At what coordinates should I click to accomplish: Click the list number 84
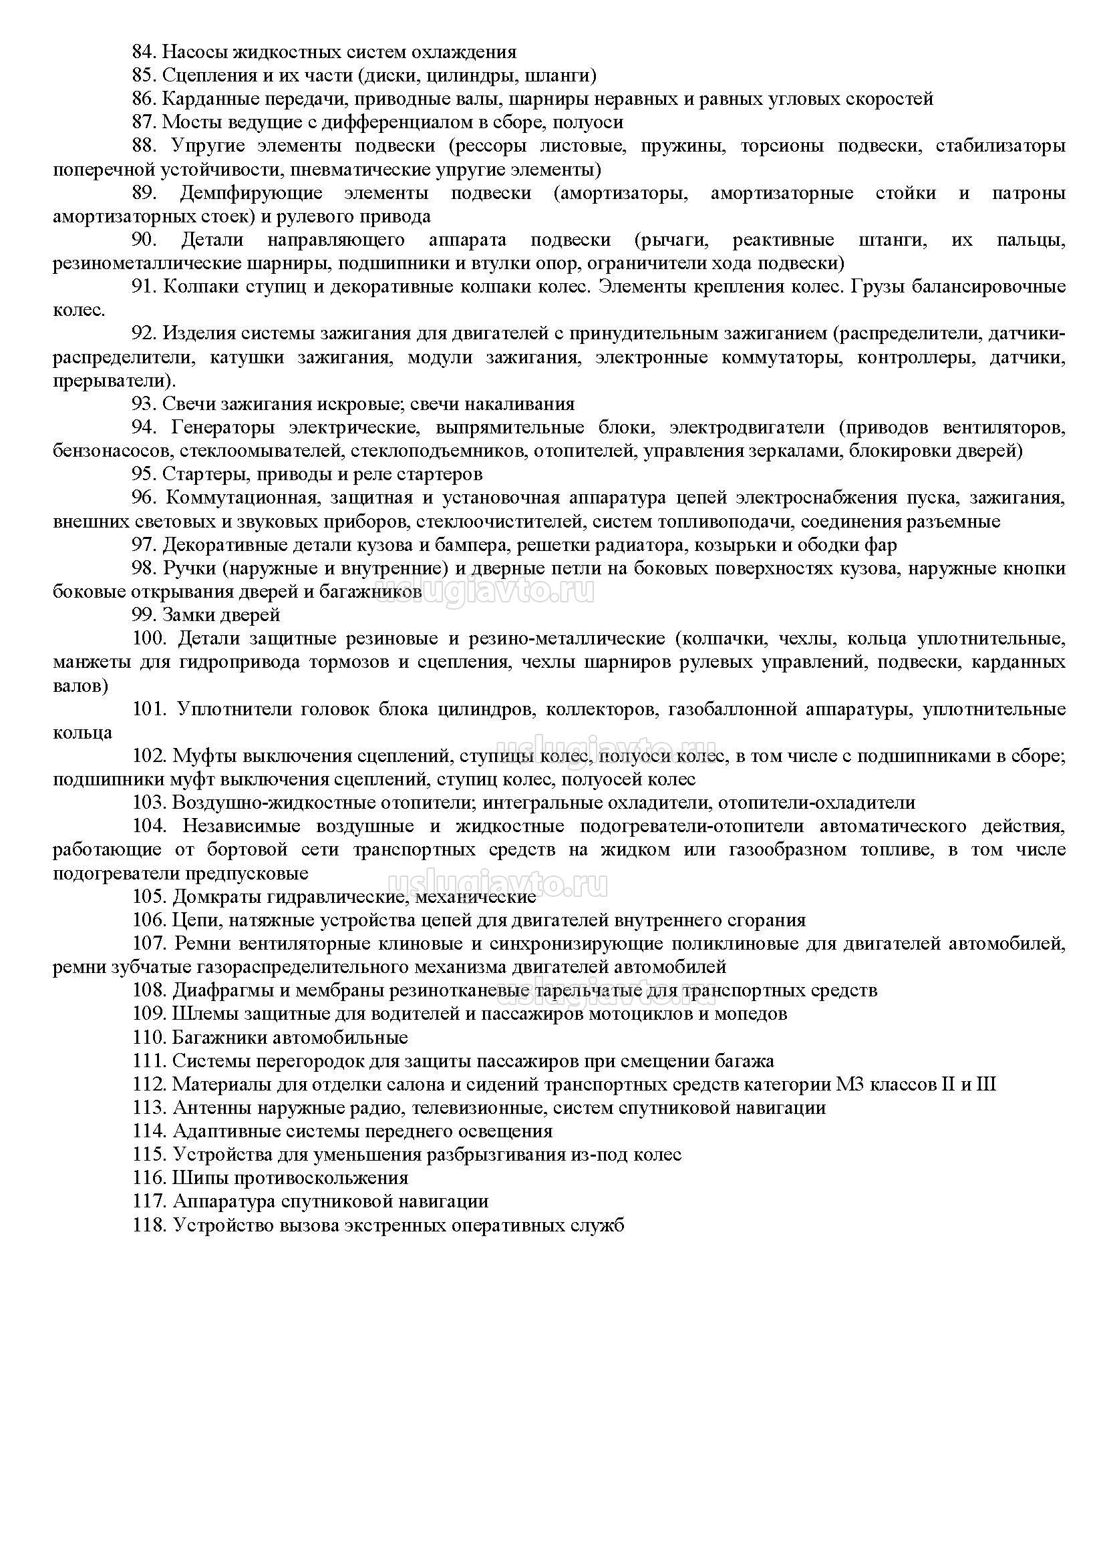click(x=144, y=52)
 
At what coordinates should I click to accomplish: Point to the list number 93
click(x=144, y=404)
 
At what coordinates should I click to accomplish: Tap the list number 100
click(x=149, y=639)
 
